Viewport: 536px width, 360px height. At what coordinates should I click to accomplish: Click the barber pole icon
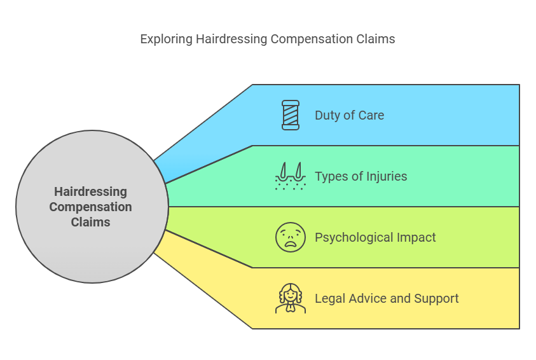tap(290, 115)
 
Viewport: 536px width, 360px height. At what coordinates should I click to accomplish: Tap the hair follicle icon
tap(290, 176)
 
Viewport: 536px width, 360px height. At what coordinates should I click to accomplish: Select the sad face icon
tap(290, 237)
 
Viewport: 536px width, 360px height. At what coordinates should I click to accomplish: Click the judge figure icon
tap(290, 298)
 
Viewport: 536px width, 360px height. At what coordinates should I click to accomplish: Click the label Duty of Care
tap(349, 115)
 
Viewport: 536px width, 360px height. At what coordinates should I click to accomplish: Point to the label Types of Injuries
tap(361, 176)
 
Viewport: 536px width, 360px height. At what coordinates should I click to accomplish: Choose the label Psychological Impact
tap(375, 237)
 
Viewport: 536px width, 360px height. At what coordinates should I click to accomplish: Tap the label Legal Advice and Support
tap(387, 298)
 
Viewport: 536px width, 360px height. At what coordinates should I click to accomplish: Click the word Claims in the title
tap(376, 39)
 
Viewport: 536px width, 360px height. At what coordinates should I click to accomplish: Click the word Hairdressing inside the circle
tap(90, 191)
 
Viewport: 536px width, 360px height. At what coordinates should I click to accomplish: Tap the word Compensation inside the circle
tap(90, 207)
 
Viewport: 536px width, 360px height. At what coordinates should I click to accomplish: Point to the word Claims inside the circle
tap(90, 222)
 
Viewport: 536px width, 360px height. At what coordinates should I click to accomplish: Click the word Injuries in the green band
tap(387, 176)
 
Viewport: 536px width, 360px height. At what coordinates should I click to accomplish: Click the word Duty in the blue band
tap(327, 115)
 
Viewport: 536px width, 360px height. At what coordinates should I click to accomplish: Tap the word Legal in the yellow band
tap(329, 298)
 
